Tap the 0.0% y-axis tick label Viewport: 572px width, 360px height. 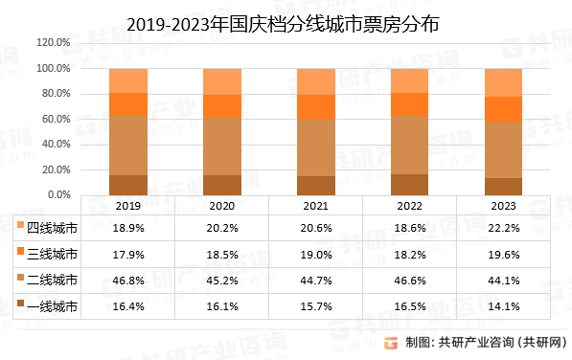tap(57, 195)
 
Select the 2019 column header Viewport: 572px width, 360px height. tap(128, 205)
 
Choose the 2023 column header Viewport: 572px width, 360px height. tap(503, 205)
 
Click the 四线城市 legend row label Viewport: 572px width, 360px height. tap(52, 228)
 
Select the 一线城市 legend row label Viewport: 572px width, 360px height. tap(52, 307)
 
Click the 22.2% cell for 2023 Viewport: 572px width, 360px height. tap(503, 228)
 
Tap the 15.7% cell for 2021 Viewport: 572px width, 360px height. tap(315, 307)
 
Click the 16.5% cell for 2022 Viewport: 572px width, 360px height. tap(409, 307)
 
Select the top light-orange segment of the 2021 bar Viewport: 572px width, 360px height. tap(315, 81)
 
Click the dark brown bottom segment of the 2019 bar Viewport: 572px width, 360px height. tap(128, 185)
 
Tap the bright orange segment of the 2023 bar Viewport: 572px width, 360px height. tap(503, 109)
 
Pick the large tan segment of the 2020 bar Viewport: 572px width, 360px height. tap(221, 146)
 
